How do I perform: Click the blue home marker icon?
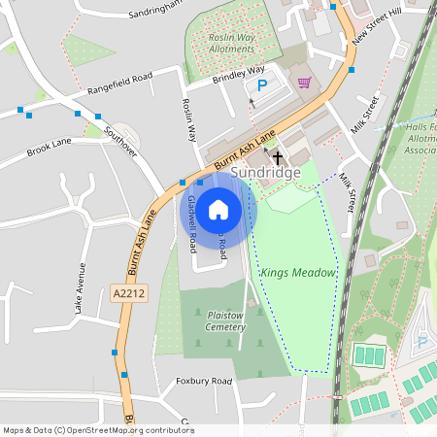[x=218, y=208]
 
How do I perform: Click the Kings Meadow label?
[x=297, y=273]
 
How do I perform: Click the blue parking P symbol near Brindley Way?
[x=261, y=86]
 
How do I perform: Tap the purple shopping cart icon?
[x=304, y=83]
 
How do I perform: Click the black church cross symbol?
[x=277, y=156]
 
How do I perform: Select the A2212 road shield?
[x=127, y=292]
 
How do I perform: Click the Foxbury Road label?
[x=204, y=382]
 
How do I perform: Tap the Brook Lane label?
[x=50, y=147]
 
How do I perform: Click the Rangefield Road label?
[x=120, y=81]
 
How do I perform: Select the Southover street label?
[x=121, y=141]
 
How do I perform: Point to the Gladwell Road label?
[x=192, y=218]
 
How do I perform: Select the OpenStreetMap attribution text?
[x=98, y=429]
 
